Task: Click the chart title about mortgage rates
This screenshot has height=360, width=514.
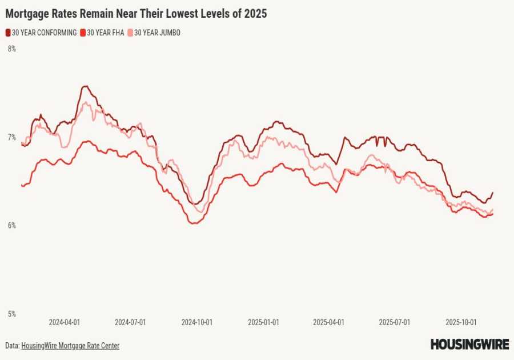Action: click(x=136, y=13)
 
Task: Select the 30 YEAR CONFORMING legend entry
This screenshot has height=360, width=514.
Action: click(x=44, y=33)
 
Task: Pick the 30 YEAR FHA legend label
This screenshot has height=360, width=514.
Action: click(x=105, y=33)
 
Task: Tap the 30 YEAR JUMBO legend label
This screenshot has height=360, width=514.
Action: click(x=157, y=33)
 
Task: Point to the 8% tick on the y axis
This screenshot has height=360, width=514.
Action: click(x=11, y=49)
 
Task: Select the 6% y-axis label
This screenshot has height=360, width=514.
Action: click(x=11, y=226)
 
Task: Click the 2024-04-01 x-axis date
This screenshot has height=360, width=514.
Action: click(x=64, y=322)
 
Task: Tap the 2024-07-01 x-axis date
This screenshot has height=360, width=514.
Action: click(x=130, y=322)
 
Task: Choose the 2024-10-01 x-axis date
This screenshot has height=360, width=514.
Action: click(x=197, y=322)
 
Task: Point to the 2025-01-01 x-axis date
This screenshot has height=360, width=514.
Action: click(x=263, y=322)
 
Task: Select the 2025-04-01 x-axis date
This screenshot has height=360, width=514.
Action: click(x=328, y=322)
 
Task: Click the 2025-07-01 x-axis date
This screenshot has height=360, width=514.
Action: click(x=395, y=322)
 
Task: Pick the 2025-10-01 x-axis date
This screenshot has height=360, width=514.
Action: click(x=461, y=322)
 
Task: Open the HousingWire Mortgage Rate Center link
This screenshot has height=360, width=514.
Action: click(x=70, y=346)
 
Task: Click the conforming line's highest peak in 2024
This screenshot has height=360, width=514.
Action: click(x=85, y=86)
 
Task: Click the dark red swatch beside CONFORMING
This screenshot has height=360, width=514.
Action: click(x=8, y=33)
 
